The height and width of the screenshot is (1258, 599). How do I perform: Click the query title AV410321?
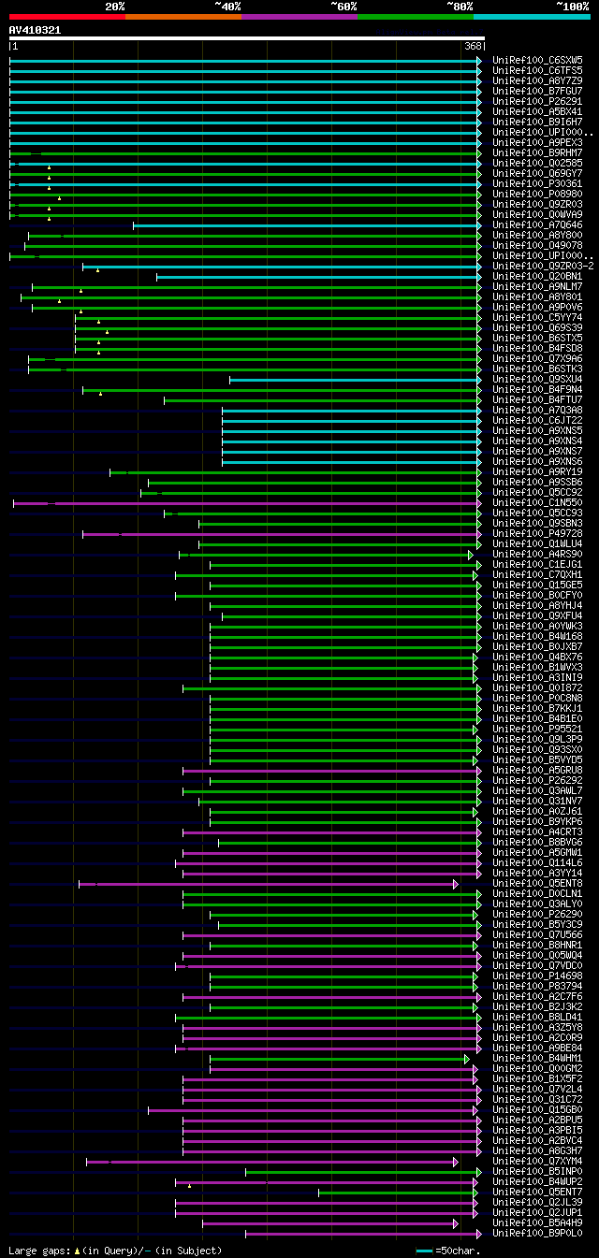point(35,30)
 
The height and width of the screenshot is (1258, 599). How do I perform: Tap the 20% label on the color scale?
point(114,6)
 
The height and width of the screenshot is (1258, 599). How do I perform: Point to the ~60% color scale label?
point(343,6)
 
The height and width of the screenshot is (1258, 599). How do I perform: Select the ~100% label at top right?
point(572,6)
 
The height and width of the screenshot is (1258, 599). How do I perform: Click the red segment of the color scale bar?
point(66,16)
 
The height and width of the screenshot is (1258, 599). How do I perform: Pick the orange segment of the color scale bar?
point(183,16)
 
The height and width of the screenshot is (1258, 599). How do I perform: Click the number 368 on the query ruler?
point(472,46)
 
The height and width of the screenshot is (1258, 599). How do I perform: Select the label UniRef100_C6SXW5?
point(537,60)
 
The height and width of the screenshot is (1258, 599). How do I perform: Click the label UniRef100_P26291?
point(537,101)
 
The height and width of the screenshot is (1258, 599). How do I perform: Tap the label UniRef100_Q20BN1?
point(537,276)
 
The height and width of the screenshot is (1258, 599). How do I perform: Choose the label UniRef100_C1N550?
point(537,503)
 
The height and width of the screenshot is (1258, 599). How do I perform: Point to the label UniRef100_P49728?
point(537,534)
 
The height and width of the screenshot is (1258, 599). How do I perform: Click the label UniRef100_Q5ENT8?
point(537,883)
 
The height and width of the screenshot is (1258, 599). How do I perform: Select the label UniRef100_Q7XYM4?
point(537,1162)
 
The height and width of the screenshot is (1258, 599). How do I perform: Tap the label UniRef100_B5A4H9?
point(537,1222)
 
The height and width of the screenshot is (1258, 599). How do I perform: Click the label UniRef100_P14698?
point(537,976)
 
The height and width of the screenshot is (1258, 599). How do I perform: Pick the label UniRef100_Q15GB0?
point(537,1110)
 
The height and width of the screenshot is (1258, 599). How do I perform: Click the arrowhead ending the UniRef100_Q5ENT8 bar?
point(456,883)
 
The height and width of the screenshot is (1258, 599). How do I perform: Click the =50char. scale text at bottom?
point(458,1251)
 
